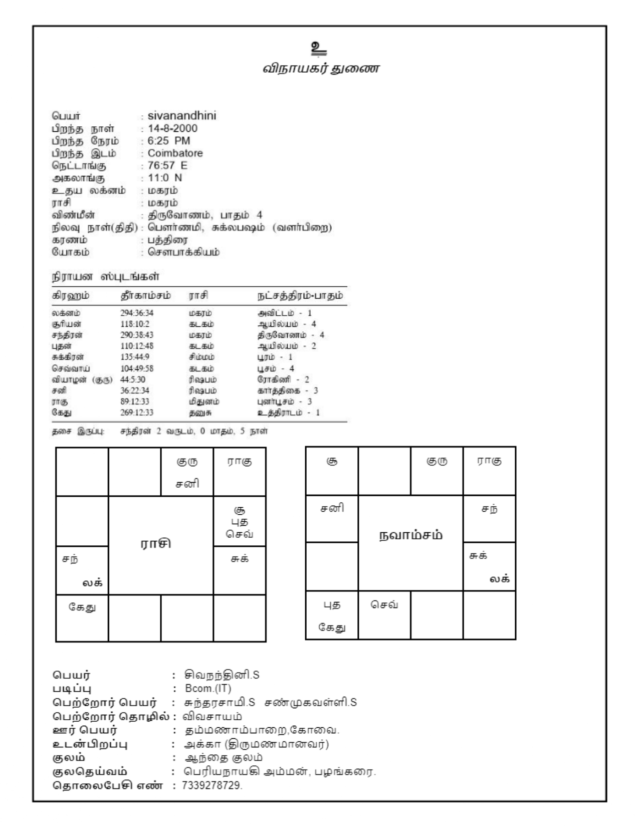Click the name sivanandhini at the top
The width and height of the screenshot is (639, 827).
(x=182, y=116)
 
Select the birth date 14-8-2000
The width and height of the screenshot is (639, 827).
(x=172, y=129)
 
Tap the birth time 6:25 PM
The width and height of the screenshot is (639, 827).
(x=169, y=141)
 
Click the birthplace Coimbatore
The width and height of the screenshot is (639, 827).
(x=175, y=153)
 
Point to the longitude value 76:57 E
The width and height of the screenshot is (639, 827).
(x=167, y=165)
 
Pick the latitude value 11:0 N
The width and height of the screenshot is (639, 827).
(x=165, y=178)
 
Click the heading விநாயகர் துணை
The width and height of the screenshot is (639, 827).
(x=321, y=69)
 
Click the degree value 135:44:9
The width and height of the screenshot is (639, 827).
(x=135, y=357)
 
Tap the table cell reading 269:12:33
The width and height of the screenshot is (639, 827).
(x=137, y=412)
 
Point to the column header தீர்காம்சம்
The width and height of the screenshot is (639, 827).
(x=145, y=296)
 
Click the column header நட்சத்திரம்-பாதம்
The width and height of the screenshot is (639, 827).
(x=300, y=296)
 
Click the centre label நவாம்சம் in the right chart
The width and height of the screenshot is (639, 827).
(x=410, y=535)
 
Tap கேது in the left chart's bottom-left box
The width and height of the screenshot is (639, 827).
(x=82, y=608)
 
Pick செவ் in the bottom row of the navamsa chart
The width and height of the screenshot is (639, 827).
(x=384, y=605)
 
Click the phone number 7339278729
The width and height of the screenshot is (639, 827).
(x=212, y=785)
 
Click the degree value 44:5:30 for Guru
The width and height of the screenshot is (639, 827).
(x=133, y=379)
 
